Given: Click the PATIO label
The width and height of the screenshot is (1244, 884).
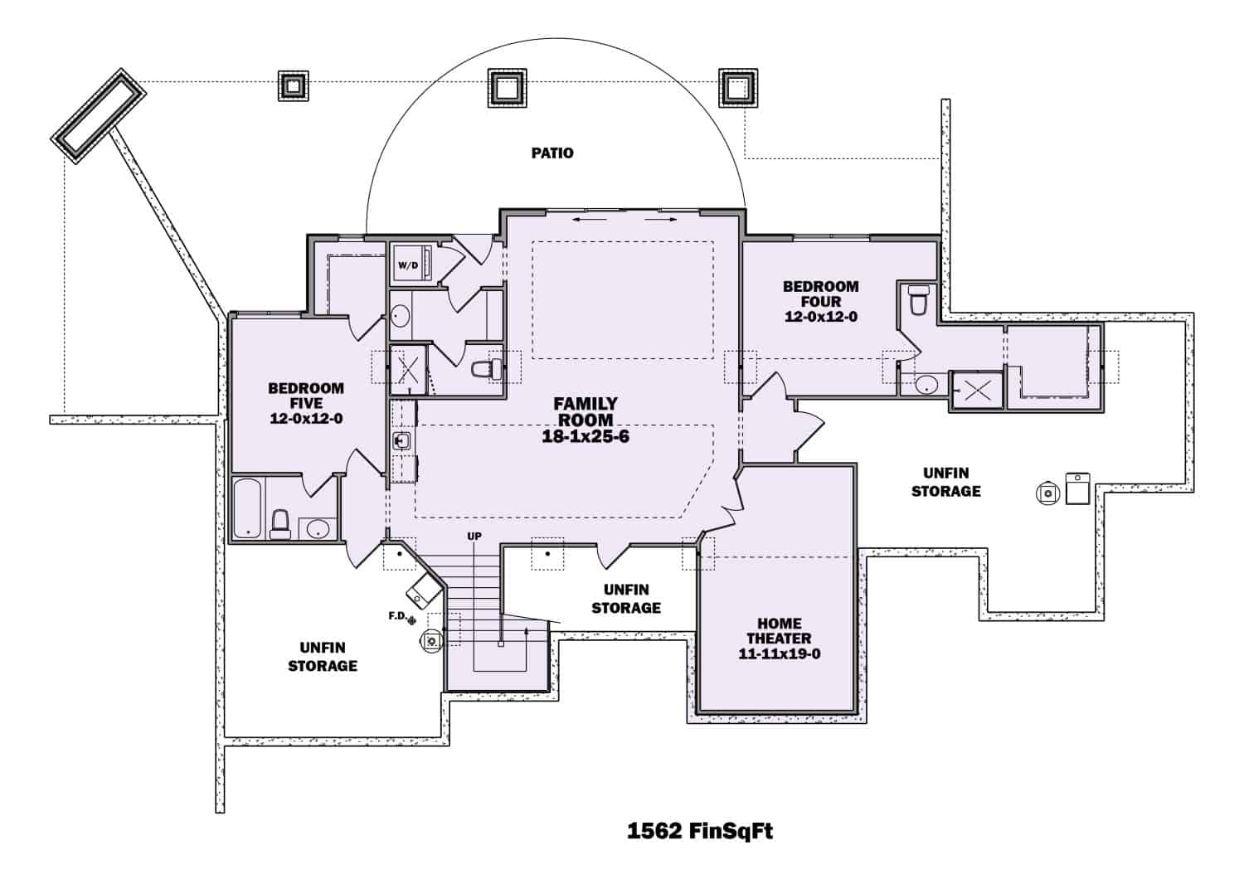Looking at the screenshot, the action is (552, 153).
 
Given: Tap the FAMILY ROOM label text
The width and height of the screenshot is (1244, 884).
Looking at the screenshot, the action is (586, 411).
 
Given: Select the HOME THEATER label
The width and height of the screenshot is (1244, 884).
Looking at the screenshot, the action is (779, 631).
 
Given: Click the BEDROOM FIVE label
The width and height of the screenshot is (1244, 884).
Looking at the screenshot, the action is (306, 396).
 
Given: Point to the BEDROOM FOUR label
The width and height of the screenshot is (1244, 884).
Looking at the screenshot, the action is (821, 294).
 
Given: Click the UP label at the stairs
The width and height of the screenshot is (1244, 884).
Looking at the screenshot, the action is (474, 537).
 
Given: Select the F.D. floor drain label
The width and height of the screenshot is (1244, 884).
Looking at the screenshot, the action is (398, 615).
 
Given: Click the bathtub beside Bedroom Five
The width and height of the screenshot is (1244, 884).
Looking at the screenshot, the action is (247, 508).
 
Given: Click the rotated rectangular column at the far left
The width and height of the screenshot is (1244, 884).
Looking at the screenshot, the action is (99, 116).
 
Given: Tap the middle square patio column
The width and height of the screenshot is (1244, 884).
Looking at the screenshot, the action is (507, 87).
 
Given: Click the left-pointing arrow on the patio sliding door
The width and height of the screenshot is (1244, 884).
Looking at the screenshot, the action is (590, 220).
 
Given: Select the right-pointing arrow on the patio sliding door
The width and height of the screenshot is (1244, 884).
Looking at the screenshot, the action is (660, 220).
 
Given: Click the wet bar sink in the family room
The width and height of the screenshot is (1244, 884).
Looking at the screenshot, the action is (401, 441).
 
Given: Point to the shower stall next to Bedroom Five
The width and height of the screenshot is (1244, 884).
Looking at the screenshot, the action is (408, 371).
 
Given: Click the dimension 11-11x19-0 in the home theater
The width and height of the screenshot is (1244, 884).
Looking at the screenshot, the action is (780, 653).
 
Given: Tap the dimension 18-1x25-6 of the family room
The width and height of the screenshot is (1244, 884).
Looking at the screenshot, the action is (586, 436).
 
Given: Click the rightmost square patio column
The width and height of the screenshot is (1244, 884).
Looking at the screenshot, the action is (738, 87).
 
